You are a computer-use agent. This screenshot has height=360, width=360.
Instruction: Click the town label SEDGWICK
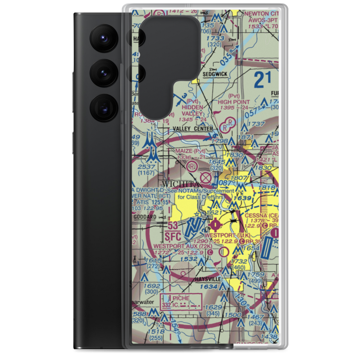pos(215,74)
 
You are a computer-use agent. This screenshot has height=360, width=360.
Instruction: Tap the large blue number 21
pos(262,80)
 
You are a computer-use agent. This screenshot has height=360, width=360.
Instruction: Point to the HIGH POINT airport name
pos(233,102)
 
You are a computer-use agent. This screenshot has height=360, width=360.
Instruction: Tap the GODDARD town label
pos(144,217)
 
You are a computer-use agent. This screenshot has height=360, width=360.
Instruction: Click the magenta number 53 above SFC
pos(172,226)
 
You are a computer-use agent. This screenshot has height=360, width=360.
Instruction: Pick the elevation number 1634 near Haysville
pos(209,287)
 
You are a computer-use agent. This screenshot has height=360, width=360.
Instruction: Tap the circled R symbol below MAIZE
pos(192,166)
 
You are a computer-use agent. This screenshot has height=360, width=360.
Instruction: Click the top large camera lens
pos(104,38)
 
